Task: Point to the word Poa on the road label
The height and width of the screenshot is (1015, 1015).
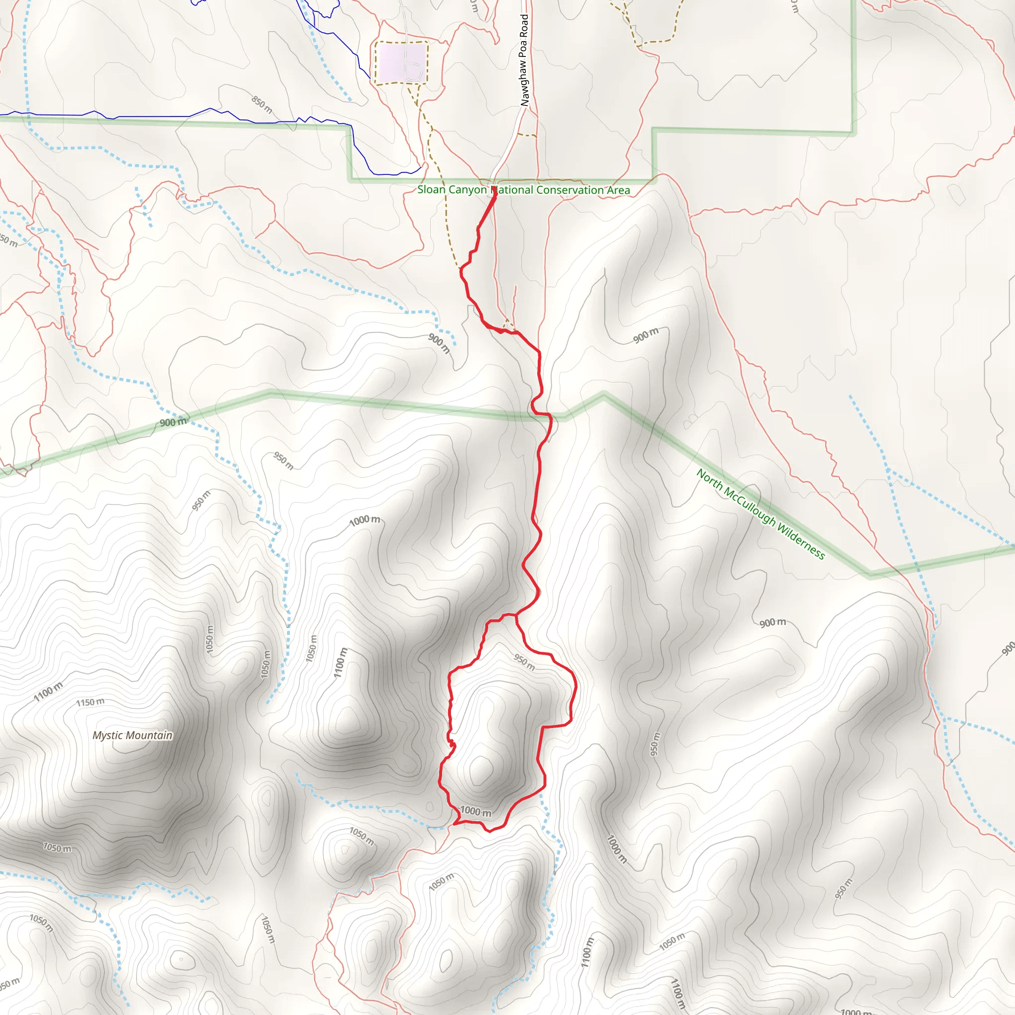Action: point(523,48)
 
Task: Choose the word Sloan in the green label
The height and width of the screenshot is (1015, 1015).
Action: point(431,190)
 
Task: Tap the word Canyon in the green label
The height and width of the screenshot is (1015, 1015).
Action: point(467,190)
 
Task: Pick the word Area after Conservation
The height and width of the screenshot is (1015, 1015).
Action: point(619,190)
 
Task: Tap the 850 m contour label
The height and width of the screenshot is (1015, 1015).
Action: point(262,105)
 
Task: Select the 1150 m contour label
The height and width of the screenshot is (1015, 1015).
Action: point(90,702)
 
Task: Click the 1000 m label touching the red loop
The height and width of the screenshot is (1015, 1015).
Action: point(476,812)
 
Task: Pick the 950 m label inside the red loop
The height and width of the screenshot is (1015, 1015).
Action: point(524,662)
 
